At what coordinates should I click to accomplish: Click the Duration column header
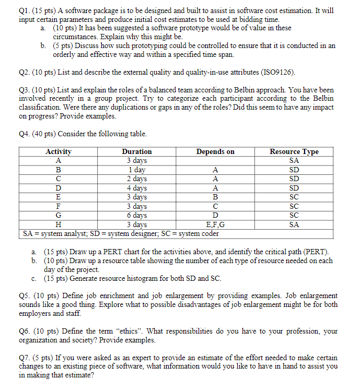point(136,151)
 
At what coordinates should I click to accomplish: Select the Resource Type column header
point(294,151)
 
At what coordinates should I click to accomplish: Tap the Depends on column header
point(215,151)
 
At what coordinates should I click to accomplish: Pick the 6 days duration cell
point(137,215)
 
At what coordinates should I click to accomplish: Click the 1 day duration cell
point(137,170)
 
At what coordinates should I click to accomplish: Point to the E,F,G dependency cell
point(215,224)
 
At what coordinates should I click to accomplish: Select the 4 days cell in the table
point(137,188)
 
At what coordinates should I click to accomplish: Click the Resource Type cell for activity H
point(294,224)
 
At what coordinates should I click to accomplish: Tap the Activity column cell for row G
point(59,215)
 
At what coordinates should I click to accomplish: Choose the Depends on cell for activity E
point(215,197)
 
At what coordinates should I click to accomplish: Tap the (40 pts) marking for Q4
point(45,134)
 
